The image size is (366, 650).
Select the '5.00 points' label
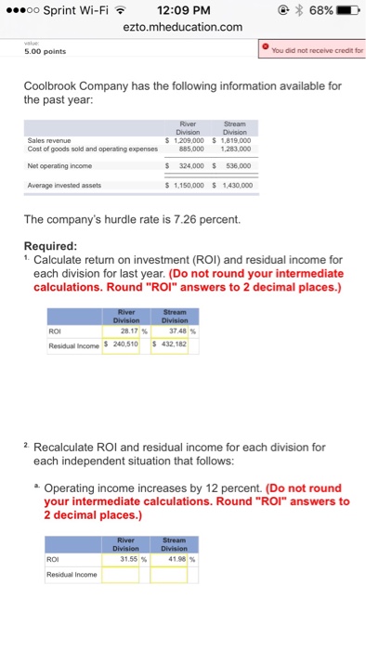tap(46, 52)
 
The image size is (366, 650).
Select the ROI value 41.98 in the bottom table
tap(176, 561)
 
